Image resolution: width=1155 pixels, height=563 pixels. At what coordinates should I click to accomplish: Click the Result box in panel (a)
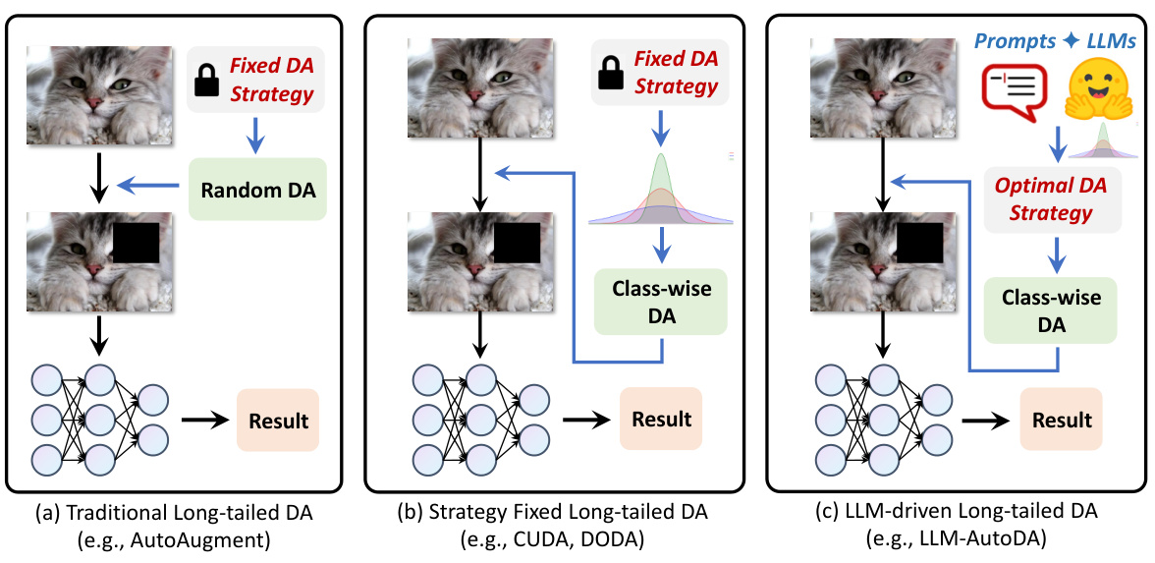pos(278,422)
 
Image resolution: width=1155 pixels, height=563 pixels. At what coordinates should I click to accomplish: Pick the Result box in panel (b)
pos(661,419)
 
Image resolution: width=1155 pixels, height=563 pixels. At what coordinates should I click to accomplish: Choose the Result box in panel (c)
pos(1062,420)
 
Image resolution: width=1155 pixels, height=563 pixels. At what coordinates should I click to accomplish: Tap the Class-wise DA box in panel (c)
pos(1051,310)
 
